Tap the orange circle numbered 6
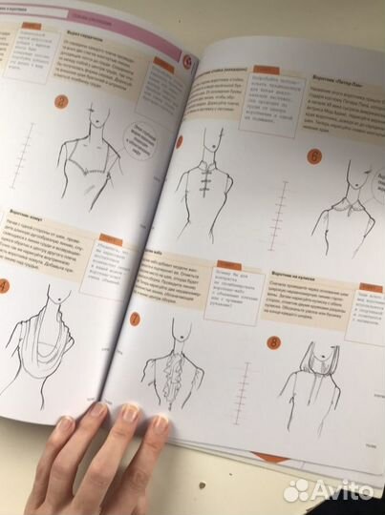312,157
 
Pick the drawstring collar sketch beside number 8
325,367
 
